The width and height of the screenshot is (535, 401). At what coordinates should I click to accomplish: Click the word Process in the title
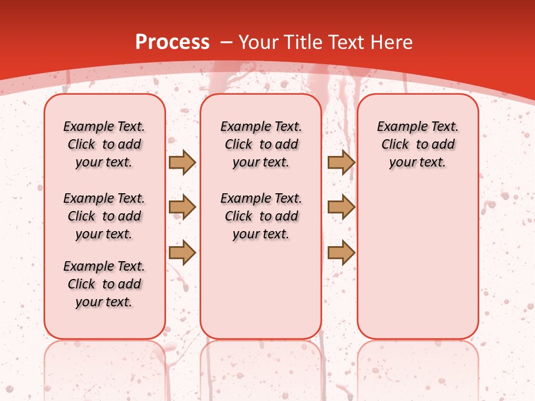coord(172,42)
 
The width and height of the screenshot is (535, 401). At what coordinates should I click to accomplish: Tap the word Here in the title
coord(391,42)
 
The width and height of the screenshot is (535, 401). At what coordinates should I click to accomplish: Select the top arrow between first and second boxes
coord(182,163)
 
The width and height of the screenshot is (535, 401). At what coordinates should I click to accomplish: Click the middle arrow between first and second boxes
coord(182,208)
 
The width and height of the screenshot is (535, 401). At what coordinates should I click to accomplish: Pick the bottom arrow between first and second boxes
coord(182,252)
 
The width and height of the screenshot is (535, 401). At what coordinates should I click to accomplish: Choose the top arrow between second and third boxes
coord(341,163)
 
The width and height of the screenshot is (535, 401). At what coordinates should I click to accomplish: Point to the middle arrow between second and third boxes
coord(341,208)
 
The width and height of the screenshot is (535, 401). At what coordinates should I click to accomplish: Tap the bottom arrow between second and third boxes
coord(341,252)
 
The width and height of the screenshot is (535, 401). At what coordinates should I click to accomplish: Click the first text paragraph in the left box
coord(104,144)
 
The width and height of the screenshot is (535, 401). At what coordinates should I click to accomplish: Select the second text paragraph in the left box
coord(104,216)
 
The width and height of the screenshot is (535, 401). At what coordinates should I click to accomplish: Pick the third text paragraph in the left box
coord(104,284)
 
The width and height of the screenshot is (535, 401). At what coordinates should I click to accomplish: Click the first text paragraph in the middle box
coord(261,144)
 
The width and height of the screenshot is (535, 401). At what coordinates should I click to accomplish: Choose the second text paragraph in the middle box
coord(261,216)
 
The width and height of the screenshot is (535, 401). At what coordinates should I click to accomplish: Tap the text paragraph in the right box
coord(417,144)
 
